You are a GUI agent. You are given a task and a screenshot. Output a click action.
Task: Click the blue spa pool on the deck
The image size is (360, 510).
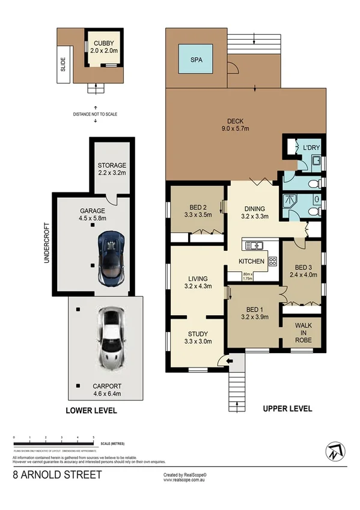[195, 60]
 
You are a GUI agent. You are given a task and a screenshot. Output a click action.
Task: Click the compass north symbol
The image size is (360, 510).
[334, 451]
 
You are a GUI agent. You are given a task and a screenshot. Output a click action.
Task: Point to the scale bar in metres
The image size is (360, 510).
[54, 444]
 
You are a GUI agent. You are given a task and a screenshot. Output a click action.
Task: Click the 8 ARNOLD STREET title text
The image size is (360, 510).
[58, 475]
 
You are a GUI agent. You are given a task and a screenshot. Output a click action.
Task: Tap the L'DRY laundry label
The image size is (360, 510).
[311, 147]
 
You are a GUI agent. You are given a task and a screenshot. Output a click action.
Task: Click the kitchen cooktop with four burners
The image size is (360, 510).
[272, 262]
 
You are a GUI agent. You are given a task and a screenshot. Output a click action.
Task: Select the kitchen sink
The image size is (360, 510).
[254, 245]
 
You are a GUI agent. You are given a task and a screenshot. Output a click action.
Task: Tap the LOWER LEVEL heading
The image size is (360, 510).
[91, 411]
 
